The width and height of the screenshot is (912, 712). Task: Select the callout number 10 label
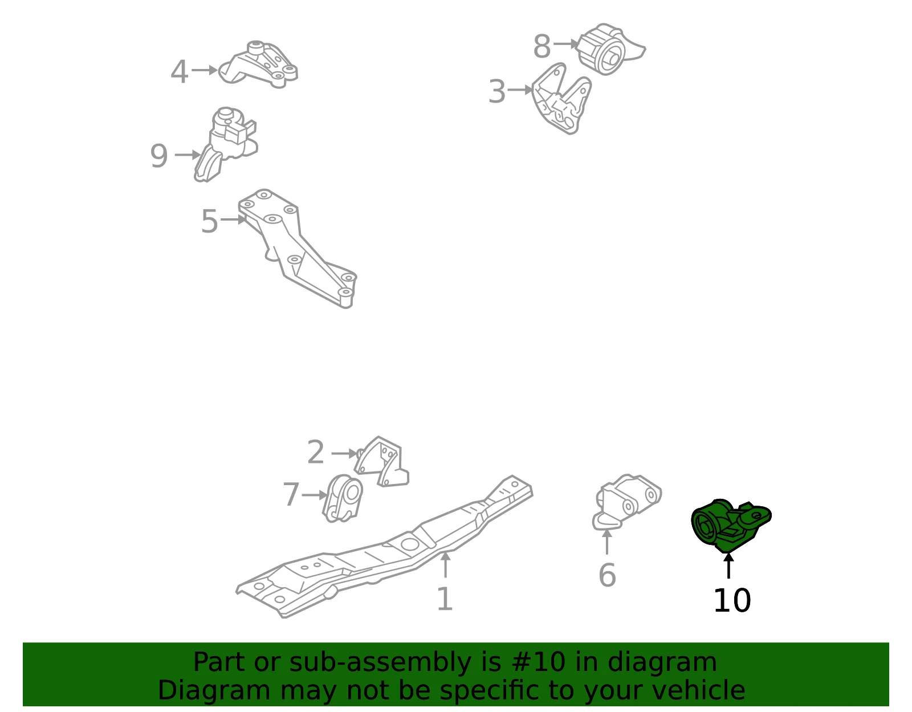point(732,600)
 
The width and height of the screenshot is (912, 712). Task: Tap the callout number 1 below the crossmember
point(445,599)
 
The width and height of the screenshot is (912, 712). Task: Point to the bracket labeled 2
point(382,462)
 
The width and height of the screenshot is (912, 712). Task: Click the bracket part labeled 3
point(561,99)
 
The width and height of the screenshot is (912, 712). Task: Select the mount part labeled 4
point(258,65)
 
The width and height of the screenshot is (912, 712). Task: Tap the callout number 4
point(179,72)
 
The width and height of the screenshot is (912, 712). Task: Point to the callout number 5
point(209,221)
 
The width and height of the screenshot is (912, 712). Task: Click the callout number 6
point(607,575)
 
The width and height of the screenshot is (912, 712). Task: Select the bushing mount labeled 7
point(343,498)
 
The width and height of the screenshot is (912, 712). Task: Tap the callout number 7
point(291,494)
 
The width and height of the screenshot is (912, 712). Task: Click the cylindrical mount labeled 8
point(610,49)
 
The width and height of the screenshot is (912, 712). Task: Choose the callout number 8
point(542,46)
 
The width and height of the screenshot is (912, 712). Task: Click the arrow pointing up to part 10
point(728,566)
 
